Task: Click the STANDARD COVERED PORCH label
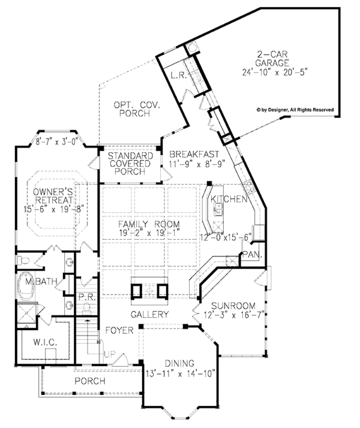click(x=130, y=163)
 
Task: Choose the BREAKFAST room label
click(x=188, y=153)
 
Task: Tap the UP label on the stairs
click(x=110, y=355)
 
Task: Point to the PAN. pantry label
click(x=249, y=256)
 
